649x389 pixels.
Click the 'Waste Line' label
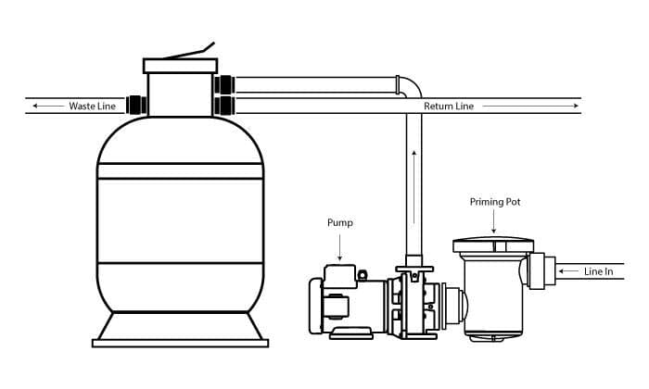coord(92,107)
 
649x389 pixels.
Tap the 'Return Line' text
coord(449,107)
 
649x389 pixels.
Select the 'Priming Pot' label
coord(493,201)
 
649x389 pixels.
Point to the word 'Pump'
coord(339,223)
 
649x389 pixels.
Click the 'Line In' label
coord(599,271)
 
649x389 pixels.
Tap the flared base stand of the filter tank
coord(180,327)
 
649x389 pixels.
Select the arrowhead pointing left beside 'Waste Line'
coord(35,107)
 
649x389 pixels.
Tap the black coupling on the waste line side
coord(138,104)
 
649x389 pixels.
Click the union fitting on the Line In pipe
coord(541,270)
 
